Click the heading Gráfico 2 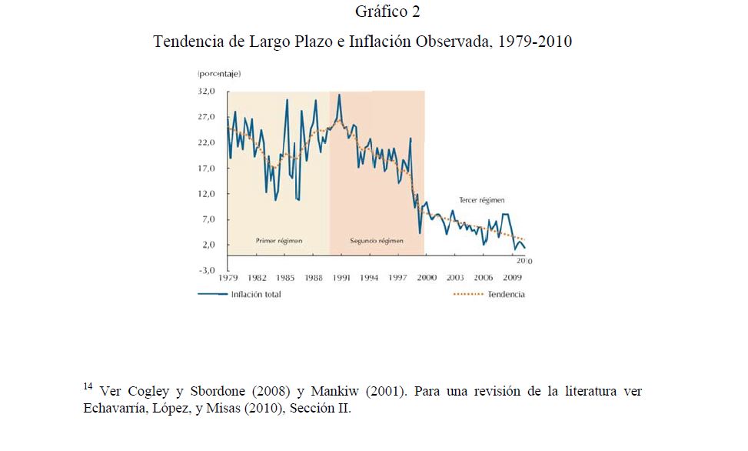point(388,12)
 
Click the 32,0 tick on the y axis point(208,92)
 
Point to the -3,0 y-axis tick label point(208,270)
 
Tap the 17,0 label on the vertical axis point(208,168)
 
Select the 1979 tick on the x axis point(229,278)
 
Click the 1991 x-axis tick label point(341,278)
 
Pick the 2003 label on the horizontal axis point(454,278)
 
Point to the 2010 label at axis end point(523,262)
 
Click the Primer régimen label point(278,240)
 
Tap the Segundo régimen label point(377,240)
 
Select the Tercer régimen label point(481,199)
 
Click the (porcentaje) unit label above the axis point(220,74)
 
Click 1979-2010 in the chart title point(535,41)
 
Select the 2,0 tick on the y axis point(210,245)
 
